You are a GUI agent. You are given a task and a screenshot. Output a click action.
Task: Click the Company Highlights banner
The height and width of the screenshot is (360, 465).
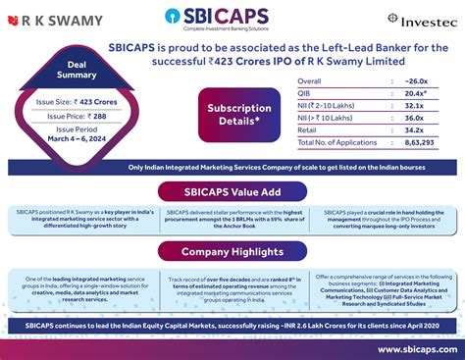pyautogui.click(x=232, y=251)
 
